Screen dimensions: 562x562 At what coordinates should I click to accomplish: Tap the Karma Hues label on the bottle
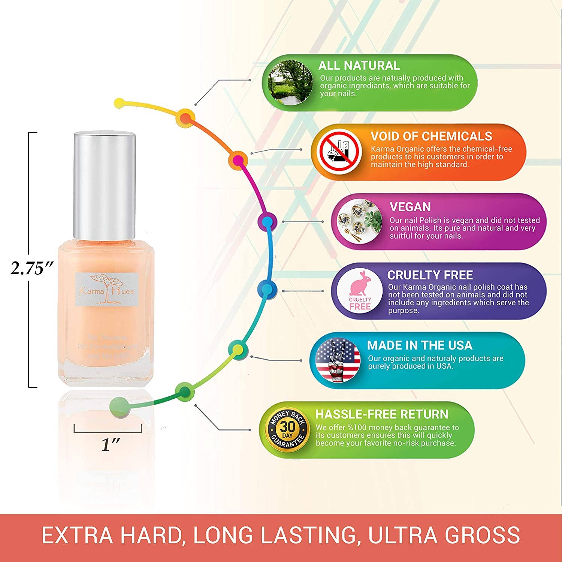[x=107, y=289]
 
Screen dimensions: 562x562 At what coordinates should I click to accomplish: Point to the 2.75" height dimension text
[x=32, y=268]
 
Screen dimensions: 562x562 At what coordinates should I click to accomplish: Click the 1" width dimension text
[x=110, y=445]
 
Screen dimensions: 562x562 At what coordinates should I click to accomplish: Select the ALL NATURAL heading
[x=359, y=66]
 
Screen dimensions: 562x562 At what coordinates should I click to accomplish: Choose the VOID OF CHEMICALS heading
[x=431, y=136]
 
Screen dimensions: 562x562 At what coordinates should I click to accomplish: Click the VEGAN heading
[x=410, y=207]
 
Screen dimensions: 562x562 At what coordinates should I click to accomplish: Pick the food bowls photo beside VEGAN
[x=359, y=221]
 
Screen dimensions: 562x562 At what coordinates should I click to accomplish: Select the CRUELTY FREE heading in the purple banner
[x=430, y=275]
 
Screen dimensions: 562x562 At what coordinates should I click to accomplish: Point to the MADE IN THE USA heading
[x=419, y=345]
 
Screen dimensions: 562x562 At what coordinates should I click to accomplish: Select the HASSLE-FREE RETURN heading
[x=381, y=414]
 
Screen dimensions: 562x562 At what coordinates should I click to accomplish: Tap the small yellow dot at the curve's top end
[x=119, y=102]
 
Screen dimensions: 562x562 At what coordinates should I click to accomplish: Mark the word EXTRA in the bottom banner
[x=77, y=535]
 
